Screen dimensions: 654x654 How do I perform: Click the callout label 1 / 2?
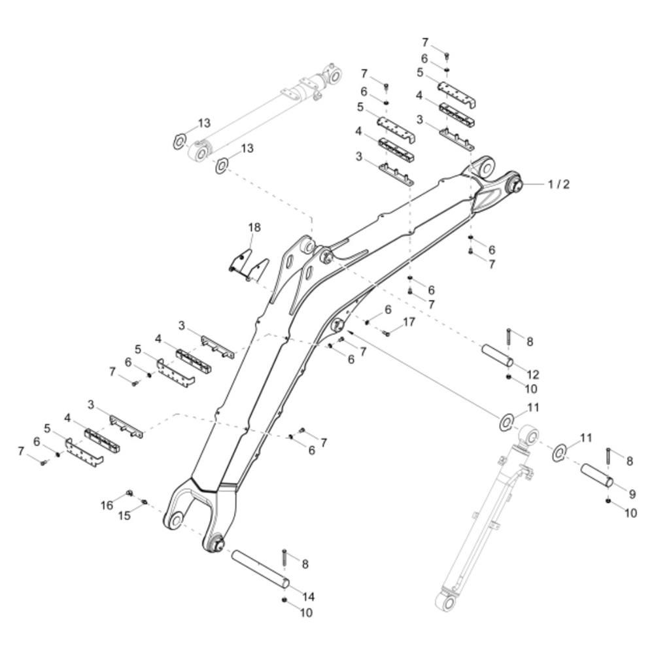coord(559,184)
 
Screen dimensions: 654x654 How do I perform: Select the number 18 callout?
coord(254,228)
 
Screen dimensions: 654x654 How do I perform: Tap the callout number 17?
coord(409,322)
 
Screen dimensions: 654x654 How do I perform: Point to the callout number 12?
coord(533,375)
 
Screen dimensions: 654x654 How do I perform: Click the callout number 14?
coord(308,597)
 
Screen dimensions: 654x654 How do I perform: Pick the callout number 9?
coord(632,494)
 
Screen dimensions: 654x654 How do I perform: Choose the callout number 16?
coord(107,505)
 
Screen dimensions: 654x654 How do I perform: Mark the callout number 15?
coord(124,515)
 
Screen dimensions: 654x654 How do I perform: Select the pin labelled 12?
coord(498,355)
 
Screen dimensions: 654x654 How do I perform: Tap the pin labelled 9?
coord(597,475)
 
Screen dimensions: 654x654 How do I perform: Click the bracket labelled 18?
coord(249,265)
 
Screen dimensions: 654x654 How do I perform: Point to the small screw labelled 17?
coord(387,334)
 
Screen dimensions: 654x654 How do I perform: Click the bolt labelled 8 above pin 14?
coord(284,558)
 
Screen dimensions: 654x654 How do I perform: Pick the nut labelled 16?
coord(129,493)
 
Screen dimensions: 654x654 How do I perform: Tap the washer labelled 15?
coord(145,502)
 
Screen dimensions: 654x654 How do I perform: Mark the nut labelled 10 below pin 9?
coord(608,500)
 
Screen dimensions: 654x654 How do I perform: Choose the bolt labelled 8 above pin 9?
coord(608,456)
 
